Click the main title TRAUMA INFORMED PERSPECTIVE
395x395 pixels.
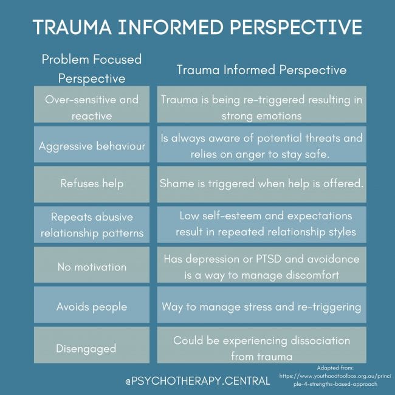pos(197,28)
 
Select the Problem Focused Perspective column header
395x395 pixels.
pos(91,69)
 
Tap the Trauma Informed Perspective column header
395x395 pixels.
pos(261,70)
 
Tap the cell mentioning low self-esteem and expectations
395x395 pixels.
pos(262,224)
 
